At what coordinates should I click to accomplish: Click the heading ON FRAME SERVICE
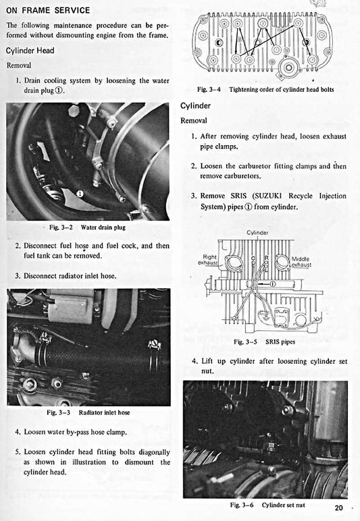point(47,10)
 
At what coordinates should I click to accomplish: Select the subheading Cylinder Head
point(30,51)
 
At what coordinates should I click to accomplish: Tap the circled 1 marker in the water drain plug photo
point(80,193)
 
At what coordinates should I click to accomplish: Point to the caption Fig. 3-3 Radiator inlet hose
point(88,412)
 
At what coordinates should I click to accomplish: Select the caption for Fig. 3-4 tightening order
point(265,90)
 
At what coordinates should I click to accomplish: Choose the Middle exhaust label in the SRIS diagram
point(301,262)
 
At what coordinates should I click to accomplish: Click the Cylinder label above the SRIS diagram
point(257,233)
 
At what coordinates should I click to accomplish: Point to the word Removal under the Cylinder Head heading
point(20,65)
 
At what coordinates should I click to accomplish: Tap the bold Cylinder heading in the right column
point(196,106)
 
